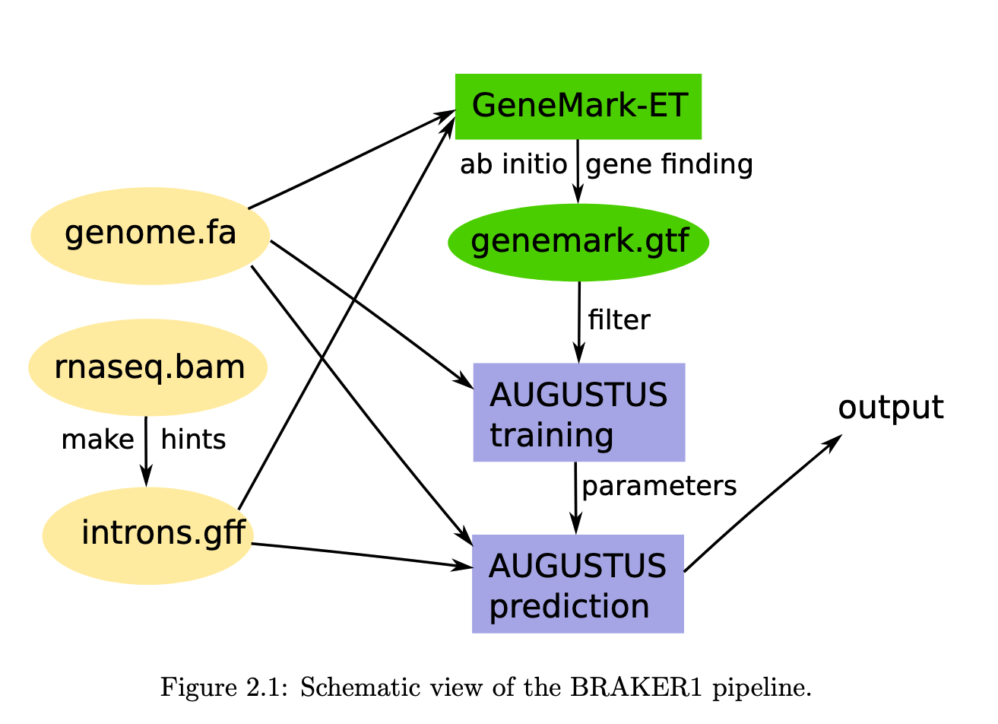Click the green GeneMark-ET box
pos(578,106)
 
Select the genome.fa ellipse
pos(150,236)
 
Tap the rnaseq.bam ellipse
pos(148,367)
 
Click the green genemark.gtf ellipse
pos(578,243)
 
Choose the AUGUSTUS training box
pos(578,412)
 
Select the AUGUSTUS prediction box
pos(578,584)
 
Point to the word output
pos(890,408)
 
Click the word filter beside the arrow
pos(619,320)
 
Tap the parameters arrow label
pos(659,487)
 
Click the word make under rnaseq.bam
pos(97,440)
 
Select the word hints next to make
pos(193,440)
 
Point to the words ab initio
pos(513,164)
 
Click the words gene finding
pos(669,164)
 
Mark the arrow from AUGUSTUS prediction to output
pos(760,504)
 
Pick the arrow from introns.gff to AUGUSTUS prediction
pos(357,555)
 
